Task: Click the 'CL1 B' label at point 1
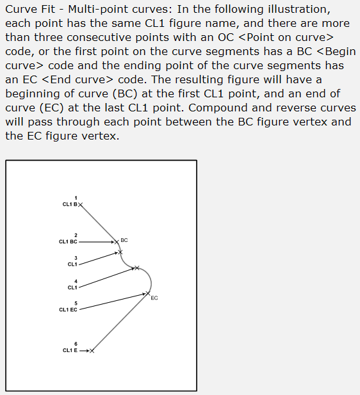[70, 204]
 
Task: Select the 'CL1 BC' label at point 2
[68, 242]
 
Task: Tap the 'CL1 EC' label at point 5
[68, 310]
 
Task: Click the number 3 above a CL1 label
[76, 257]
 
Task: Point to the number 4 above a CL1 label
[76, 281]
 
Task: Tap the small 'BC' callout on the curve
[124, 240]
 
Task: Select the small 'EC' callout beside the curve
[154, 298]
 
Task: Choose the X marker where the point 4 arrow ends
[135, 268]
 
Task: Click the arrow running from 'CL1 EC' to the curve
[112, 302]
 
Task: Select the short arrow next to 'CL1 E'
[84, 350]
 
